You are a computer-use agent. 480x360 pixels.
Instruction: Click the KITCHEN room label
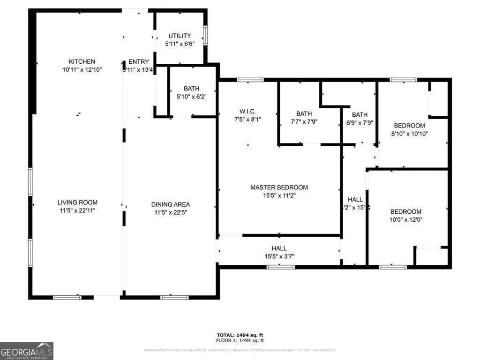(82, 61)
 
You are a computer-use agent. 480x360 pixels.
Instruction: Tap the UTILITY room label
(180, 36)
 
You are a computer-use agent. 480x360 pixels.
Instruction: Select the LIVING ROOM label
(77, 202)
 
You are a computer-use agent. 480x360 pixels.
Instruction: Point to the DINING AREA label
(170, 204)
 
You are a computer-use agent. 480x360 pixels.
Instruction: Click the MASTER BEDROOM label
(279, 187)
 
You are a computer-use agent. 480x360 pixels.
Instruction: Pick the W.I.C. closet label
(247, 111)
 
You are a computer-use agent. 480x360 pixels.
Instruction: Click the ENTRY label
(139, 61)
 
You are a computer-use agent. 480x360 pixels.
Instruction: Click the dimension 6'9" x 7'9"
(360, 123)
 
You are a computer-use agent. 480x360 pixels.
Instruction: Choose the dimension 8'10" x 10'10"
(409, 134)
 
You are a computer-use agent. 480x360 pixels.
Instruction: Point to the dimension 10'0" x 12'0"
(405, 219)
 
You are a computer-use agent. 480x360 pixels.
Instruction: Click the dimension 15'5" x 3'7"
(279, 256)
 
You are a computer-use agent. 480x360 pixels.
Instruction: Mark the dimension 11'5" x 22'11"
(77, 211)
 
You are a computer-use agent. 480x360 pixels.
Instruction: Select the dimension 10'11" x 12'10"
(82, 69)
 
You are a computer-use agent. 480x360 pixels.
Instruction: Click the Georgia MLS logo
(27, 351)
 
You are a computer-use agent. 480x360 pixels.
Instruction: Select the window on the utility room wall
(205, 36)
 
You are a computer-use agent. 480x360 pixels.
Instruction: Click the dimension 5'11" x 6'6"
(180, 44)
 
